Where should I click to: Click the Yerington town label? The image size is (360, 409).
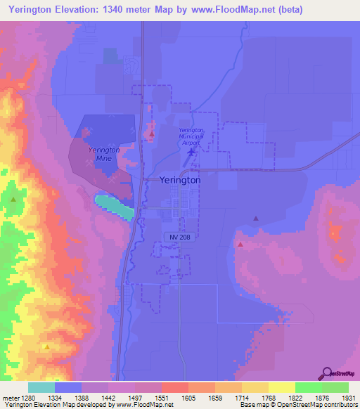point(180,180)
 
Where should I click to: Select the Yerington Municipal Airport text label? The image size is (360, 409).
point(191,136)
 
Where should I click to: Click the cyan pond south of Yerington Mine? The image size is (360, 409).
point(113,207)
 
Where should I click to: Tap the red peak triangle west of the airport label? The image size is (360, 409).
point(151,132)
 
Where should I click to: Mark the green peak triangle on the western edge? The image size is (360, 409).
point(13,200)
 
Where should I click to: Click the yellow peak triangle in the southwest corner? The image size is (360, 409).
point(46,346)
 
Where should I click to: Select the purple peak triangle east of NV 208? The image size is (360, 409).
point(255,219)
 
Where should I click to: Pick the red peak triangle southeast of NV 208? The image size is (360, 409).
point(240,245)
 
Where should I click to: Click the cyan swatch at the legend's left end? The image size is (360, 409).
point(41,387)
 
